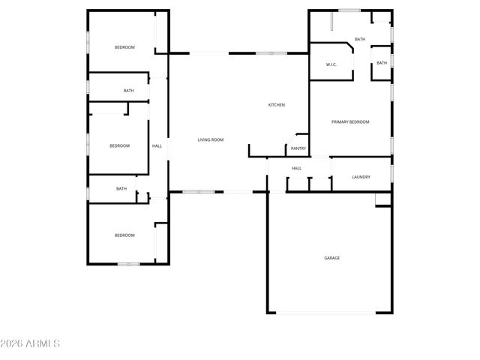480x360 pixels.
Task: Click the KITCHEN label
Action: pos(277,105)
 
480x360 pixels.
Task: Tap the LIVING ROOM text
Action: pos(211,140)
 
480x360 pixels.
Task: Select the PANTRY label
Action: pos(298,148)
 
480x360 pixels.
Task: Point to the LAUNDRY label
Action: pos(361,177)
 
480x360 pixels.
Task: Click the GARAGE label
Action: pos(331,258)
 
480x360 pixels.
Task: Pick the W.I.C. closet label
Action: pos(331,64)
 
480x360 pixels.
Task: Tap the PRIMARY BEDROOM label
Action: pos(351,121)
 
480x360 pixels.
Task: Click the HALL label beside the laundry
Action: pos(297,168)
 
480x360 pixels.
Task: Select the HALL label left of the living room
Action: pos(157,145)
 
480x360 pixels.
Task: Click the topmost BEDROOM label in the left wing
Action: pos(124,47)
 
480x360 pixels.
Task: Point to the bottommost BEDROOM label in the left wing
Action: pos(124,235)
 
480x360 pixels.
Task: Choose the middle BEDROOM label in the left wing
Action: pos(120,145)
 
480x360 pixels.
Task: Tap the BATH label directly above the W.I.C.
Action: pos(360,39)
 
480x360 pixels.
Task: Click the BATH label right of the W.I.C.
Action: pos(382,63)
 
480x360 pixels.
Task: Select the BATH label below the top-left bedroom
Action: pos(129,91)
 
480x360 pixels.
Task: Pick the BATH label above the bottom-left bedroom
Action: pos(121,189)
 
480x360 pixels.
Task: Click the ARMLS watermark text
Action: pos(31,343)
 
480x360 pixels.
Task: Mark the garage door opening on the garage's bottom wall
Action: pos(330,313)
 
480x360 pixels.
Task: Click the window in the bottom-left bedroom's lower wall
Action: pos(128,264)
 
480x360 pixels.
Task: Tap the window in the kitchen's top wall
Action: pos(271,53)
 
